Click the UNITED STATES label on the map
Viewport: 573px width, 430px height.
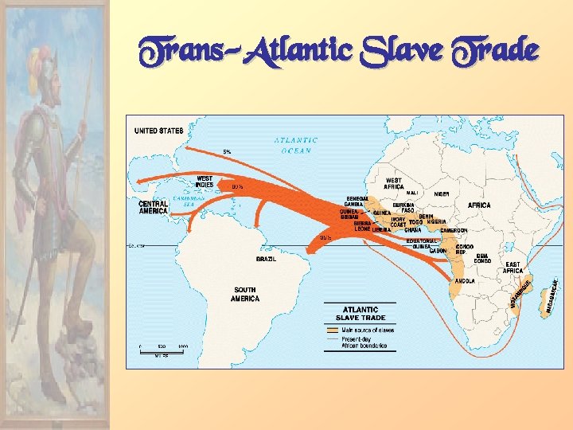coord(158,131)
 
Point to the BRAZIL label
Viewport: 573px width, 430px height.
coord(266,259)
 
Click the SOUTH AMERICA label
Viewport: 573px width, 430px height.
coord(245,294)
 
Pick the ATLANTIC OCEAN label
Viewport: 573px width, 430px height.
coord(296,145)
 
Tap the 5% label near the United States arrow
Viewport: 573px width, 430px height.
coord(227,151)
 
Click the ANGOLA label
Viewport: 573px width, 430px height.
coord(465,281)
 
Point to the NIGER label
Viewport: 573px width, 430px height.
coord(442,193)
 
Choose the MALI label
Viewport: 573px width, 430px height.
coord(412,193)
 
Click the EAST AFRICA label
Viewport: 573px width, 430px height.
coord(513,268)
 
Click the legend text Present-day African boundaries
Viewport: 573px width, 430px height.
coord(364,342)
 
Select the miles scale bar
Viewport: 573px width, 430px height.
coord(162,349)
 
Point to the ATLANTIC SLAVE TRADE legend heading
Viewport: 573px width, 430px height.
coord(360,313)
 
